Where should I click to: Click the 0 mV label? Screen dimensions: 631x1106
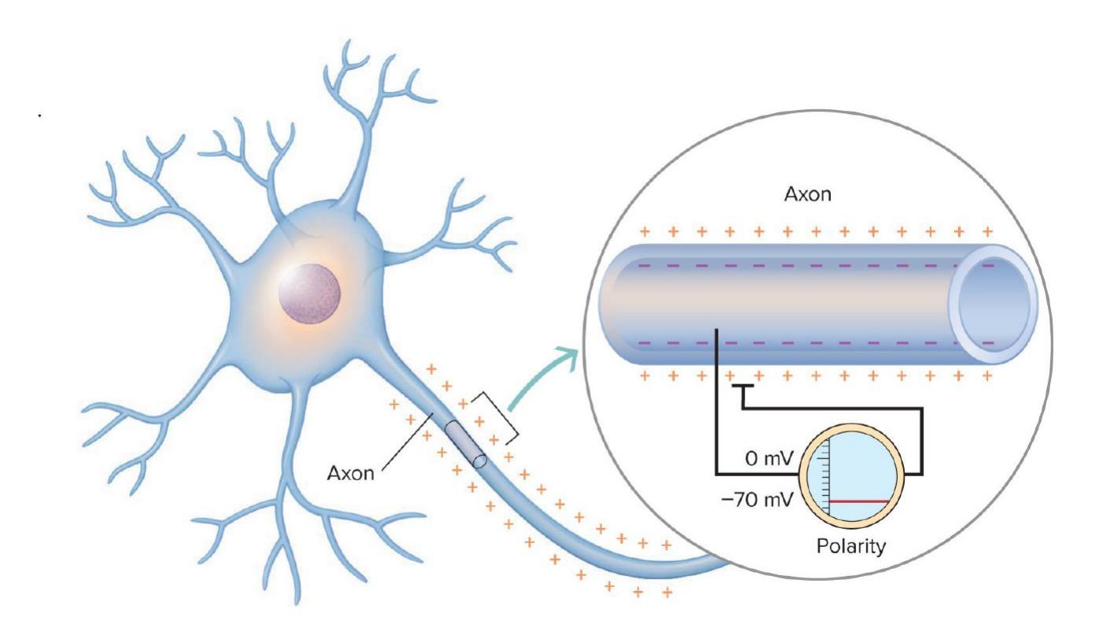762,459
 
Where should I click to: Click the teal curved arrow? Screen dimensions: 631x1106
543,378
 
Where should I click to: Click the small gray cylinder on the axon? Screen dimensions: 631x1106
465,444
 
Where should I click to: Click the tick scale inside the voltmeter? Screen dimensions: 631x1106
826,479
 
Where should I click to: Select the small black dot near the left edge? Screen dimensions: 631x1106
39,116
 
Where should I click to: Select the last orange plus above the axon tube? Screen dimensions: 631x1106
987,233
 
